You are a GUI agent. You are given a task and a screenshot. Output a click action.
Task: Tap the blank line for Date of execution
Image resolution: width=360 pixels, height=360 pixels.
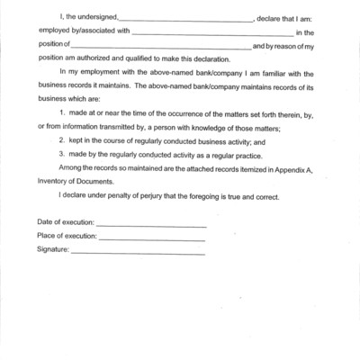click(x=150, y=226)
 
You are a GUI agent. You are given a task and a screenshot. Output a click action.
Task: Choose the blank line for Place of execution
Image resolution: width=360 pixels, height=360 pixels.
click(x=151, y=239)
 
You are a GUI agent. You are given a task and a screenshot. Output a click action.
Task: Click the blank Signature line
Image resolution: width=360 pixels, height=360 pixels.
click(x=137, y=253)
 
